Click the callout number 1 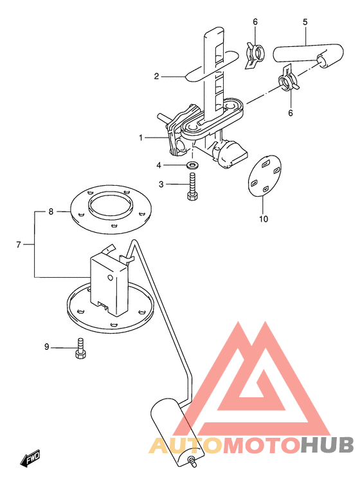pos(141,138)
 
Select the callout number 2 pos(157,76)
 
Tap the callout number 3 pos(161,184)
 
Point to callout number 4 pos(159,165)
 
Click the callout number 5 pos(305,22)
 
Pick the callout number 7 pos(18,245)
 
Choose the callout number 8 pos(51,212)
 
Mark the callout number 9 pos(47,346)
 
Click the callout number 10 pos(264,219)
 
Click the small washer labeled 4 pos(193,165)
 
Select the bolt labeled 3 pos(192,186)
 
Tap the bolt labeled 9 pos(80,348)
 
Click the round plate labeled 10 pos(265,175)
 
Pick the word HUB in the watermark pos(327,446)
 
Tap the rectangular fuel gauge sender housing pos(109,282)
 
